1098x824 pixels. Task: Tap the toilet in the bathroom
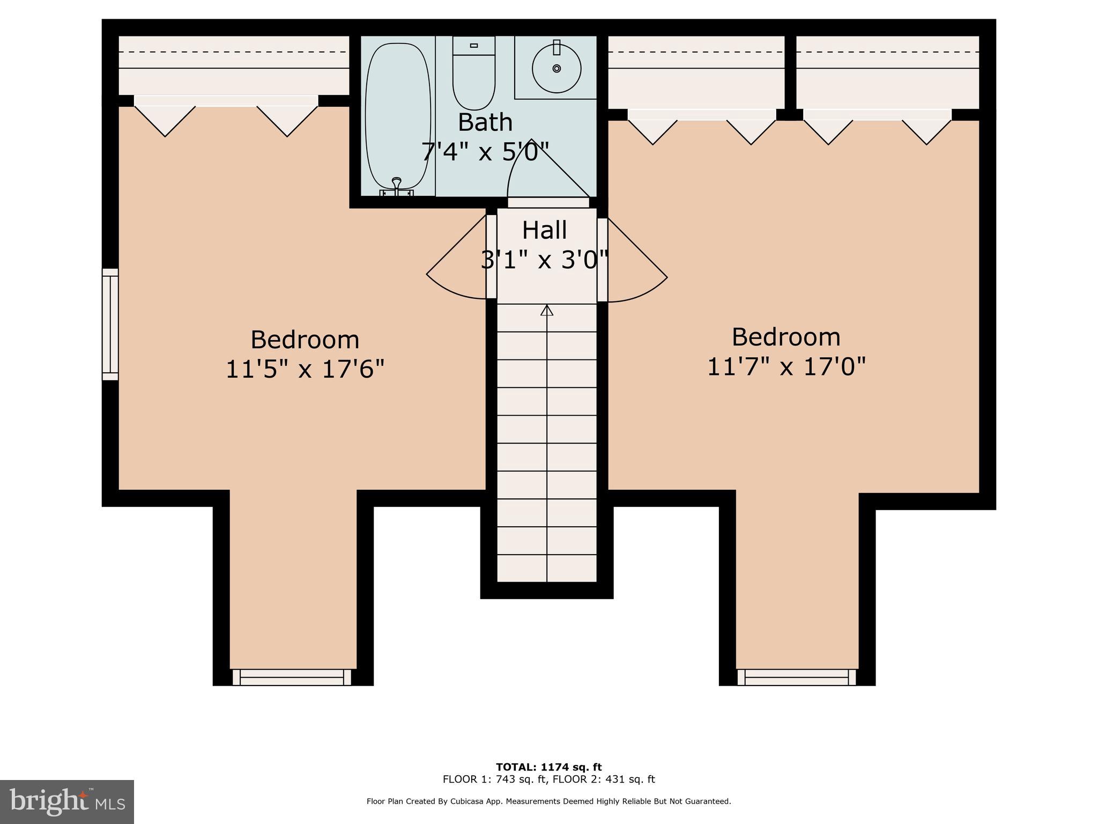473,75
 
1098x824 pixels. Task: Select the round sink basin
557,68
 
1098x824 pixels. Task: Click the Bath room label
485,123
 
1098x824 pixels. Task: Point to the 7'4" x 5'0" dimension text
485,152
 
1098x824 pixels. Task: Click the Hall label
544,231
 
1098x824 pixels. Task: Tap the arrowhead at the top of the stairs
546,310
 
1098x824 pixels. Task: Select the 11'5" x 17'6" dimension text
305,370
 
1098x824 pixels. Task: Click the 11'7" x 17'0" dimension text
786,367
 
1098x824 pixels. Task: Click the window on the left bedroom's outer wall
110,324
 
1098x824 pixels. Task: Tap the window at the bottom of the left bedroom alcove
292,677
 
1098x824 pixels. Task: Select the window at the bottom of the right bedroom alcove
797,677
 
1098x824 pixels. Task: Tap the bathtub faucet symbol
397,185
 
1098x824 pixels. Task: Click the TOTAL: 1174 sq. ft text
548,767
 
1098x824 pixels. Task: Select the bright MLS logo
67,801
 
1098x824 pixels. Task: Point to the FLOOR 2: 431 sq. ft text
604,779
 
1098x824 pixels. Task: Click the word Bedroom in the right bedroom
786,337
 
